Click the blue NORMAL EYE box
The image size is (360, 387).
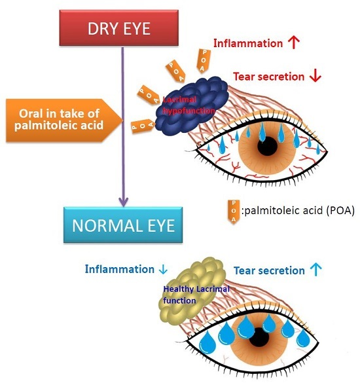click(123, 226)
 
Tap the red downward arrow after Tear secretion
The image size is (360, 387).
click(315, 76)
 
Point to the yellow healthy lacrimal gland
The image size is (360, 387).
click(190, 292)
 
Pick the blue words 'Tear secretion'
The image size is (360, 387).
click(269, 270)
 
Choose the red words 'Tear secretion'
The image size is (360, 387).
click(268, 77)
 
